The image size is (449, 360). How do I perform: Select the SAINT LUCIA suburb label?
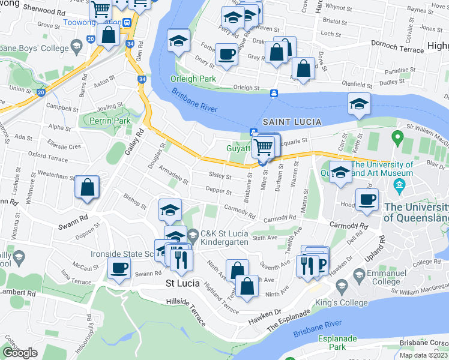(291, 122)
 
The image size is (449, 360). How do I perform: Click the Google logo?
(20, 353)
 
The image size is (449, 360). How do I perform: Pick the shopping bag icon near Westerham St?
(87, 187)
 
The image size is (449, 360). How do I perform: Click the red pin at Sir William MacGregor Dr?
(396, 138)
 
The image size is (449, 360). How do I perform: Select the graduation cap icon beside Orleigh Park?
(178, 41)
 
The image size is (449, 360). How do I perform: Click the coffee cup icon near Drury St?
(226, 55)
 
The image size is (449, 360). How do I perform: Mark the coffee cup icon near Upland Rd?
(366, 200)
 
